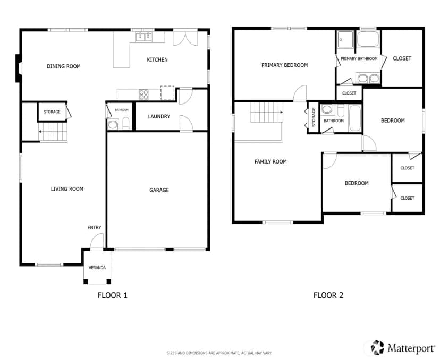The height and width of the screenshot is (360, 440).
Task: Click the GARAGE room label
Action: [159, 190]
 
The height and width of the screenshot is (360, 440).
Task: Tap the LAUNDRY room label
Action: [159, 116]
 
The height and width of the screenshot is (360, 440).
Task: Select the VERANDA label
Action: [97, 268]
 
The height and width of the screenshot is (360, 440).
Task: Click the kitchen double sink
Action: [143, 37]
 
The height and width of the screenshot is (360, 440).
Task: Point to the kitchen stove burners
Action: [143, 94]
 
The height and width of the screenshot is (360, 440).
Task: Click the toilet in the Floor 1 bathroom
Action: [126, 124]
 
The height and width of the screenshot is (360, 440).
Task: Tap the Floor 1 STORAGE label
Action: [52, 112]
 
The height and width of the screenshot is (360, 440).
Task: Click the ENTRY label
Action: [94, 228]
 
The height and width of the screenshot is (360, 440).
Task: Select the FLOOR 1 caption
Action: [113, 295]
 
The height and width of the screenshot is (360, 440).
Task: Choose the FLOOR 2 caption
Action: [328, 295]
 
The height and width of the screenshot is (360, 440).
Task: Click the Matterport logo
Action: [403, 348]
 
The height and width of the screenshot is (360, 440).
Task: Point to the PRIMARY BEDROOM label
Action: [284, 65]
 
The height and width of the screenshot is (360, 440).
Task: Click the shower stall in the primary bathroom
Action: [345, 39]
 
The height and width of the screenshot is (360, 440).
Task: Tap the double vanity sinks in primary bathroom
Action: [368, 79]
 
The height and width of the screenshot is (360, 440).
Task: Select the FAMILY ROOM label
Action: [270, 161]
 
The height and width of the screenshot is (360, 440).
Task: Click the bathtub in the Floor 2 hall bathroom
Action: [355, 118]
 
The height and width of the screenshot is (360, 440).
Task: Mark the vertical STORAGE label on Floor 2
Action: [314, 117]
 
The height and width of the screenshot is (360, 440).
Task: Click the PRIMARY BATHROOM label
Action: [359, 58]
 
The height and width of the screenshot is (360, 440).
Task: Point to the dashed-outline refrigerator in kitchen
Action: [167, 92]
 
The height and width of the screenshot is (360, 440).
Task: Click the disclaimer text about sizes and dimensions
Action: [219, 353]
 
